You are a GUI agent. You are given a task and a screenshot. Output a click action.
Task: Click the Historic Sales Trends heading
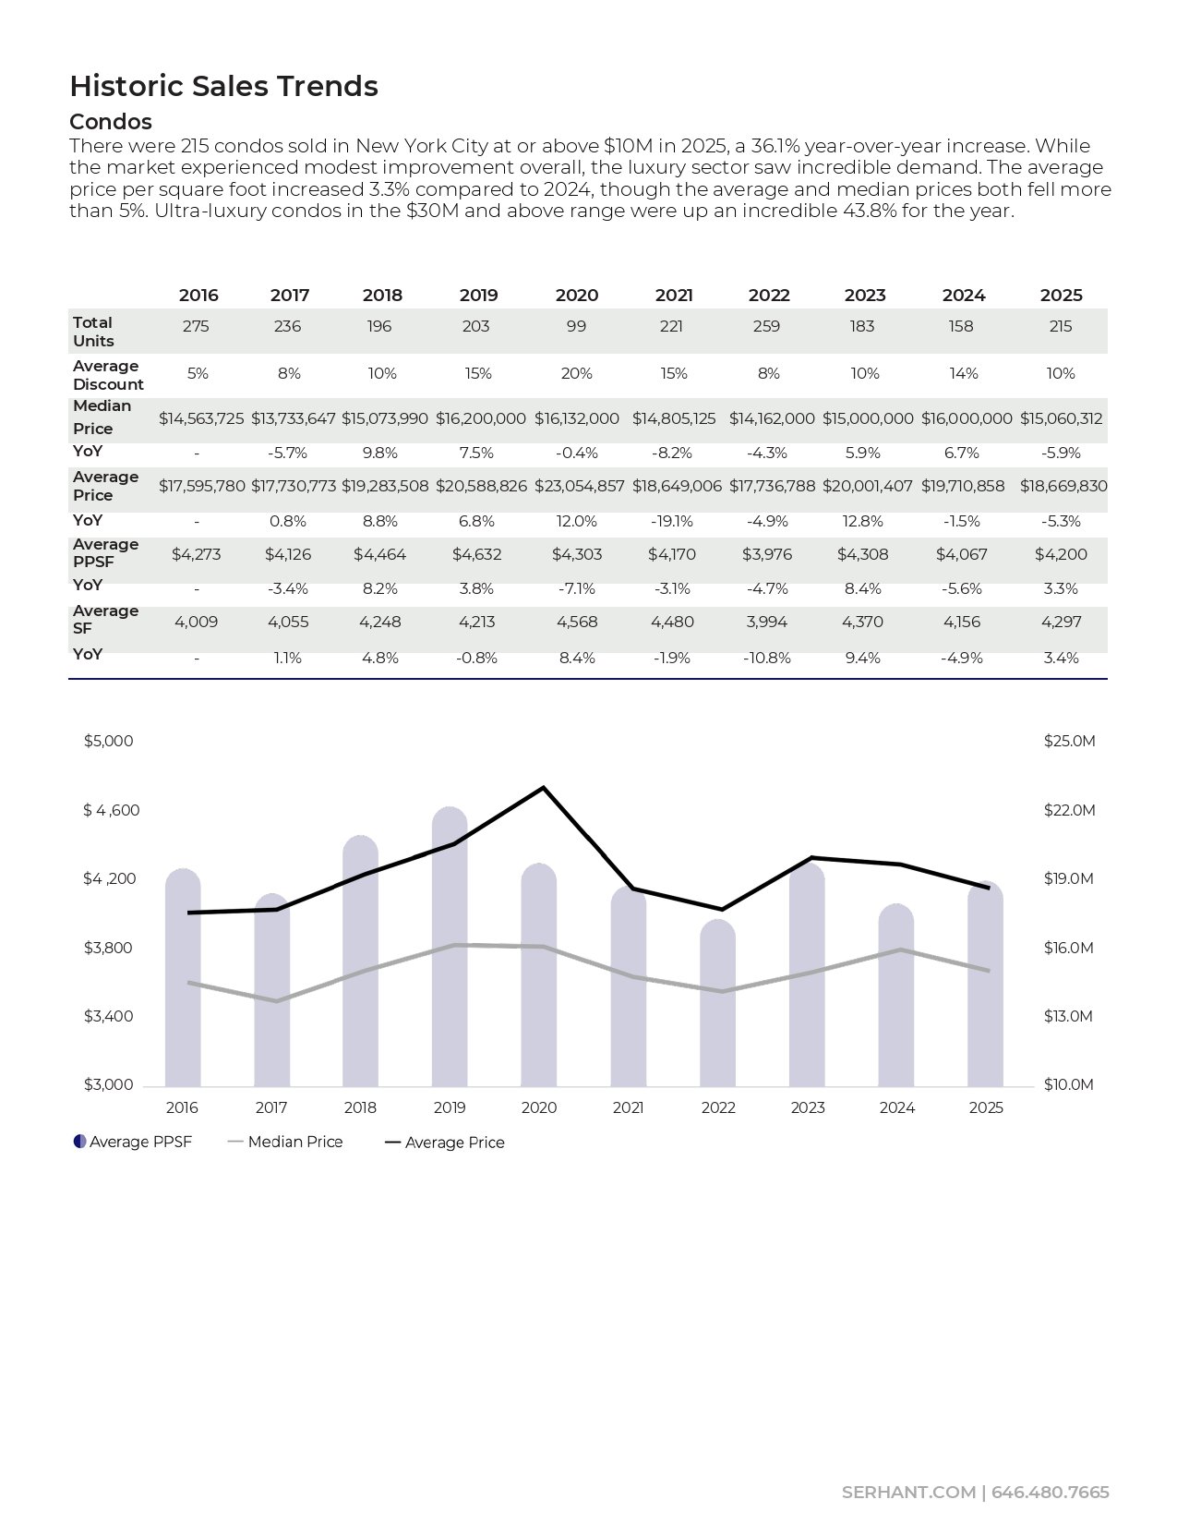(x=223, y=86)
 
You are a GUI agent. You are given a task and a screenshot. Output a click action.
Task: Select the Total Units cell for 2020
(x=576, y=326)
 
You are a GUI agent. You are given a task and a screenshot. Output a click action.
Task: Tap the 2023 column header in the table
(x=864, y=296)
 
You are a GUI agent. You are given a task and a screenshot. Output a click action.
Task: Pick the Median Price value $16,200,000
(x=480, y=418)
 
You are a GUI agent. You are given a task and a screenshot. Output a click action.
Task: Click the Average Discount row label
(x=108, y=375)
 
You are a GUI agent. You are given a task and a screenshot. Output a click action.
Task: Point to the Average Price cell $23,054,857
(x=579, y=486)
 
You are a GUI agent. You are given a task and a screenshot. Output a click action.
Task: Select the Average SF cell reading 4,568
(x=577, y=622)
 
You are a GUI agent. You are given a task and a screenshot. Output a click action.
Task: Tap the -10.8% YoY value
(x=766, y=658)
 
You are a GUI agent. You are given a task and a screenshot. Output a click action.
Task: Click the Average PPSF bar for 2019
(x=450, y=951)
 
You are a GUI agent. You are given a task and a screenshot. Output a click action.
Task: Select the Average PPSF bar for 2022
(x=717, y=1007)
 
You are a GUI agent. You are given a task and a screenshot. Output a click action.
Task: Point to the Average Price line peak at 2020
(x=543, y=788)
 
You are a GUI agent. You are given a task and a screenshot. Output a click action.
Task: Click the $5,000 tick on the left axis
(x=109, y=741)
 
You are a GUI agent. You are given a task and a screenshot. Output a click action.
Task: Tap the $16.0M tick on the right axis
(x=1068, y=948)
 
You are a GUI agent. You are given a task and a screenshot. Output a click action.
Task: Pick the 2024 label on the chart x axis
(x=896, y=1107)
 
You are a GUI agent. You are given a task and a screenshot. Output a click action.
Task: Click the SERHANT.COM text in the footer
(x=908, y=1493)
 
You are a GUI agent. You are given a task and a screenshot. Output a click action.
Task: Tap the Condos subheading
(x=111, y=122)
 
